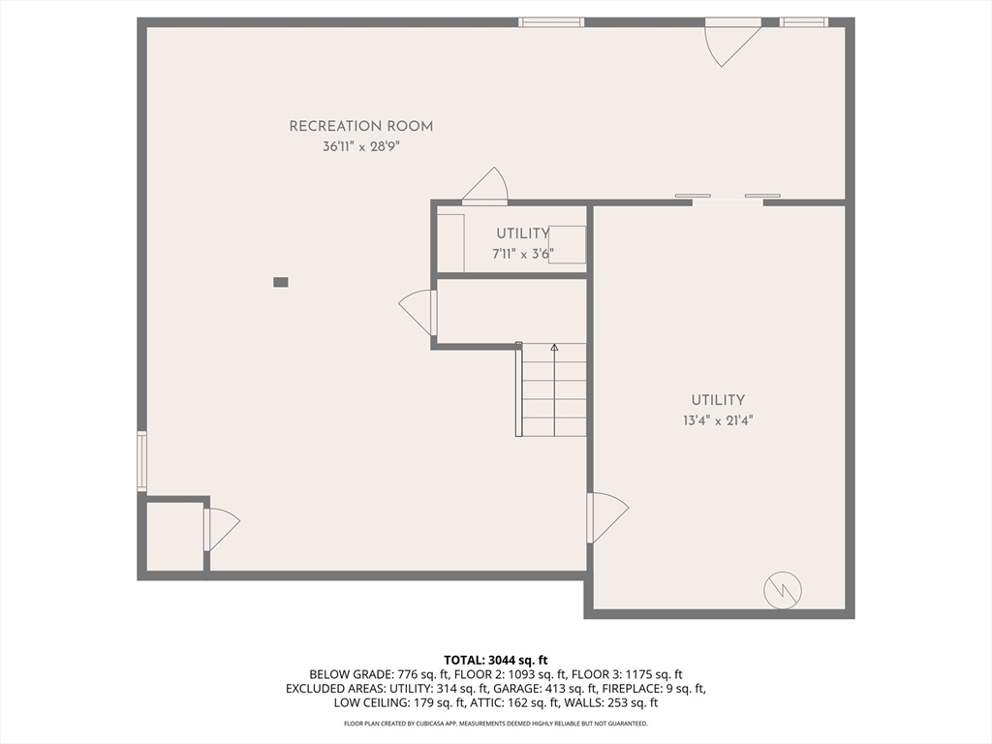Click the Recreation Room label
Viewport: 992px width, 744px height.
[361, 126]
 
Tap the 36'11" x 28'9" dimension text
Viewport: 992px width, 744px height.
[361, 147]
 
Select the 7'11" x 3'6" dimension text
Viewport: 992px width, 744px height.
[523, 255]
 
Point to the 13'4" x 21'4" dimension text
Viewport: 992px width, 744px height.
[718, 420]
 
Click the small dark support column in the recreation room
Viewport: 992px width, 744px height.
[281, 282]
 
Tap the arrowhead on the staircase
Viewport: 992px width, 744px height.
[554, 348]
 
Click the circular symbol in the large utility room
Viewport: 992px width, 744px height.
[783, 591]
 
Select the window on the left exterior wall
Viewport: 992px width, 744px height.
[142, 461]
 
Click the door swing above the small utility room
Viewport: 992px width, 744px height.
[485, 186]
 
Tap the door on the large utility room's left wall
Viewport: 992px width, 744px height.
[607, 517]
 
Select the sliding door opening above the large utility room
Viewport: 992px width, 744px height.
[728, 200]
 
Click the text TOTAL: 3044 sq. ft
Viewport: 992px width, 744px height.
[495, 661]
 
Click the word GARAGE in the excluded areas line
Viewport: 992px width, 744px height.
[512, 689]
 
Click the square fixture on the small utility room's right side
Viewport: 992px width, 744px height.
[567, 244]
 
